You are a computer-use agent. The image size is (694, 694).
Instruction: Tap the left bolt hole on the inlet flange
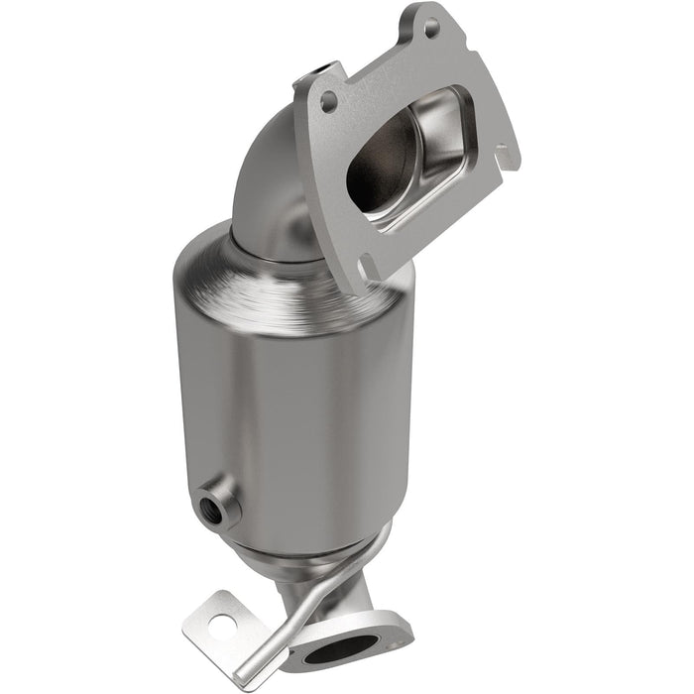coord(328,100)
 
